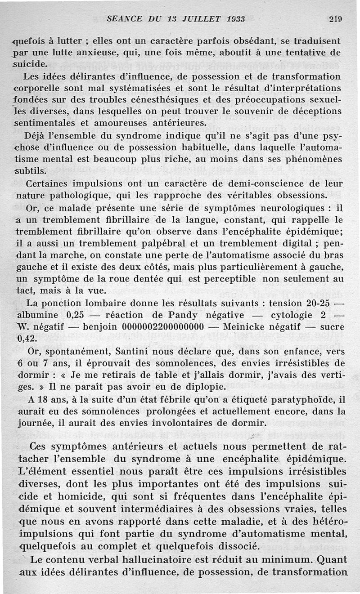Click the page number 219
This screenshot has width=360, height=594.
(x=336, y=19)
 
